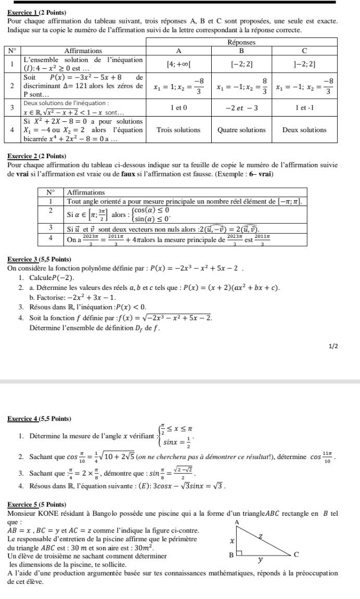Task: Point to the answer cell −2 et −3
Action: tap(241, 107)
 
